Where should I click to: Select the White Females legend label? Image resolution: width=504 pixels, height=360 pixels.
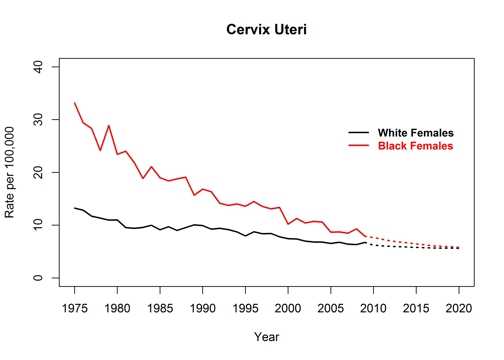[416, 133]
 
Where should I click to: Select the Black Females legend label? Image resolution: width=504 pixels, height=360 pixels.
[415, 146]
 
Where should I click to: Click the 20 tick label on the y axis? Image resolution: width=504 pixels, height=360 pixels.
[38, 173]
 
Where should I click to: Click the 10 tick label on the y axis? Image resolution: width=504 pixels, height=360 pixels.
[38, 226]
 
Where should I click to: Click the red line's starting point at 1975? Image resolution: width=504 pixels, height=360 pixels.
[75, 103]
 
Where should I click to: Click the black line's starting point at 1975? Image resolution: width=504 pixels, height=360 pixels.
[75, 208]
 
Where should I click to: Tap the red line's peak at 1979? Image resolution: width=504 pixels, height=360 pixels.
[109, 126]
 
